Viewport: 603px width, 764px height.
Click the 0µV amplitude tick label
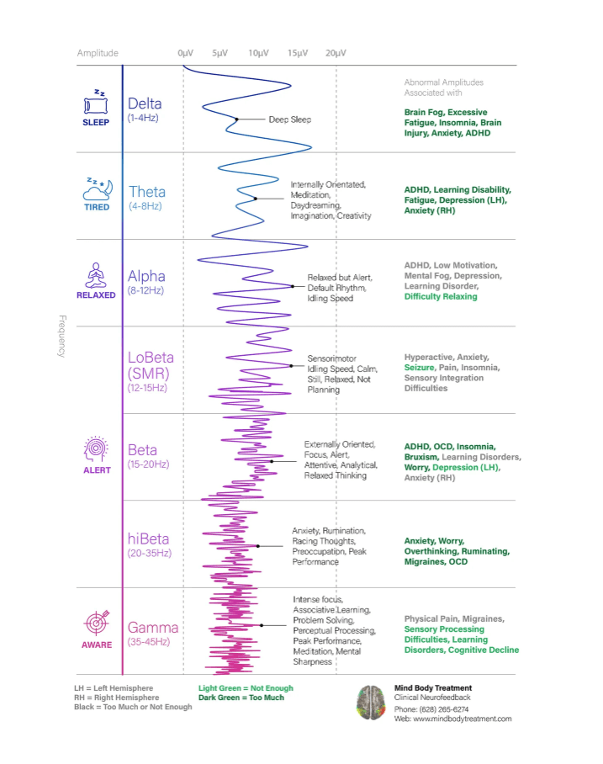click(x=186, y=53)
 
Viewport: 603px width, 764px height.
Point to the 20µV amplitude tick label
click(x=336, y=53)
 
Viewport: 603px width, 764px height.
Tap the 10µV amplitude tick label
click(x=259, y=53)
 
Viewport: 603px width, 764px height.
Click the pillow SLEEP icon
click(x=96, y=102)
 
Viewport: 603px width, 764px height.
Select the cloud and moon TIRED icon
click(x=98, y=189)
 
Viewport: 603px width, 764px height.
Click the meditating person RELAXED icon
click(x=96, y=276)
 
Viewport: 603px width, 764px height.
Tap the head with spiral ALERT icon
click(x=96, y=449)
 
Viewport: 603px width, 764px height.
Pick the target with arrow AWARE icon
click(x=97, y=623)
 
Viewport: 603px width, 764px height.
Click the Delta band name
click(x=145, y=103)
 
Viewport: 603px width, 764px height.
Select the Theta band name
click(x=147, y=192)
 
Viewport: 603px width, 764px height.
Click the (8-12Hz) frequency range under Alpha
click(x=145, y=290)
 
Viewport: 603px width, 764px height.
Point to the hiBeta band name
click(x=148, y=539)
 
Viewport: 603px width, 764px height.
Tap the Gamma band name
click(x=153, y=628)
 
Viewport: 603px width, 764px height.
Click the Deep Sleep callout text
click(x=290, y=119)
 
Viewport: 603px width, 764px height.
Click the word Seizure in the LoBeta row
click(x=419, y=368)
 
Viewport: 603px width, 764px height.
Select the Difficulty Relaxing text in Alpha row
click(x=441, y=296)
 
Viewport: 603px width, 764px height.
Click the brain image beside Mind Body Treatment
click(x=371, y=703)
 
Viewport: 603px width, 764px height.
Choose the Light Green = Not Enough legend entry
click(x=246, y=688)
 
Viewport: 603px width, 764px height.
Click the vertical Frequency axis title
click(x=62, y=337)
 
